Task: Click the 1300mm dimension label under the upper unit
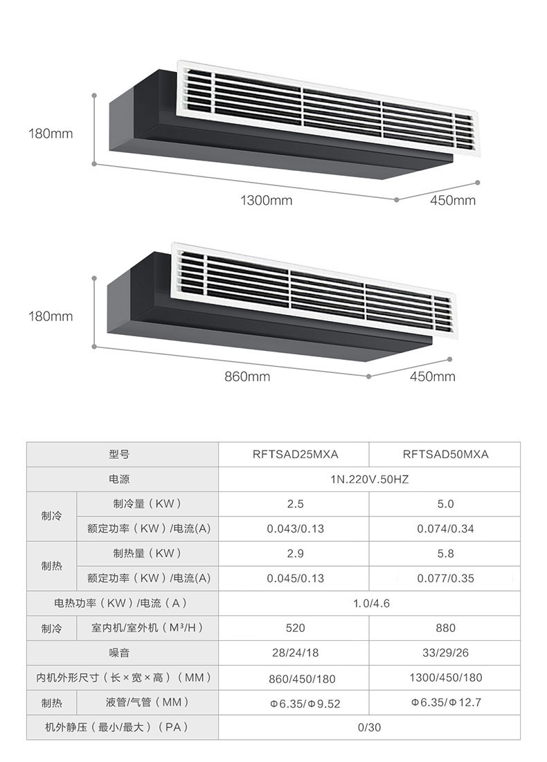coord(266,201)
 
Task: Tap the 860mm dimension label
coord(247,377)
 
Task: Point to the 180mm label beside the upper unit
coord(50,134)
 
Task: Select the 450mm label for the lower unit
coord(432,377)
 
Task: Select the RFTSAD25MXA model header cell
coord(295,455)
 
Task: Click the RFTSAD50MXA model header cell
coord(445,455)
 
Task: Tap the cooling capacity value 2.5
coord(295,504)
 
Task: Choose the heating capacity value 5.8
coord(445,553)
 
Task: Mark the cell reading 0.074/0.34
coord(445,529)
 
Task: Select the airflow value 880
coord(445,628)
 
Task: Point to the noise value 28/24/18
coord(295,653)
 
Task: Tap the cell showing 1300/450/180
coord(445,678)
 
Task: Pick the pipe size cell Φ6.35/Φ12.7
coord(445,702)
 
